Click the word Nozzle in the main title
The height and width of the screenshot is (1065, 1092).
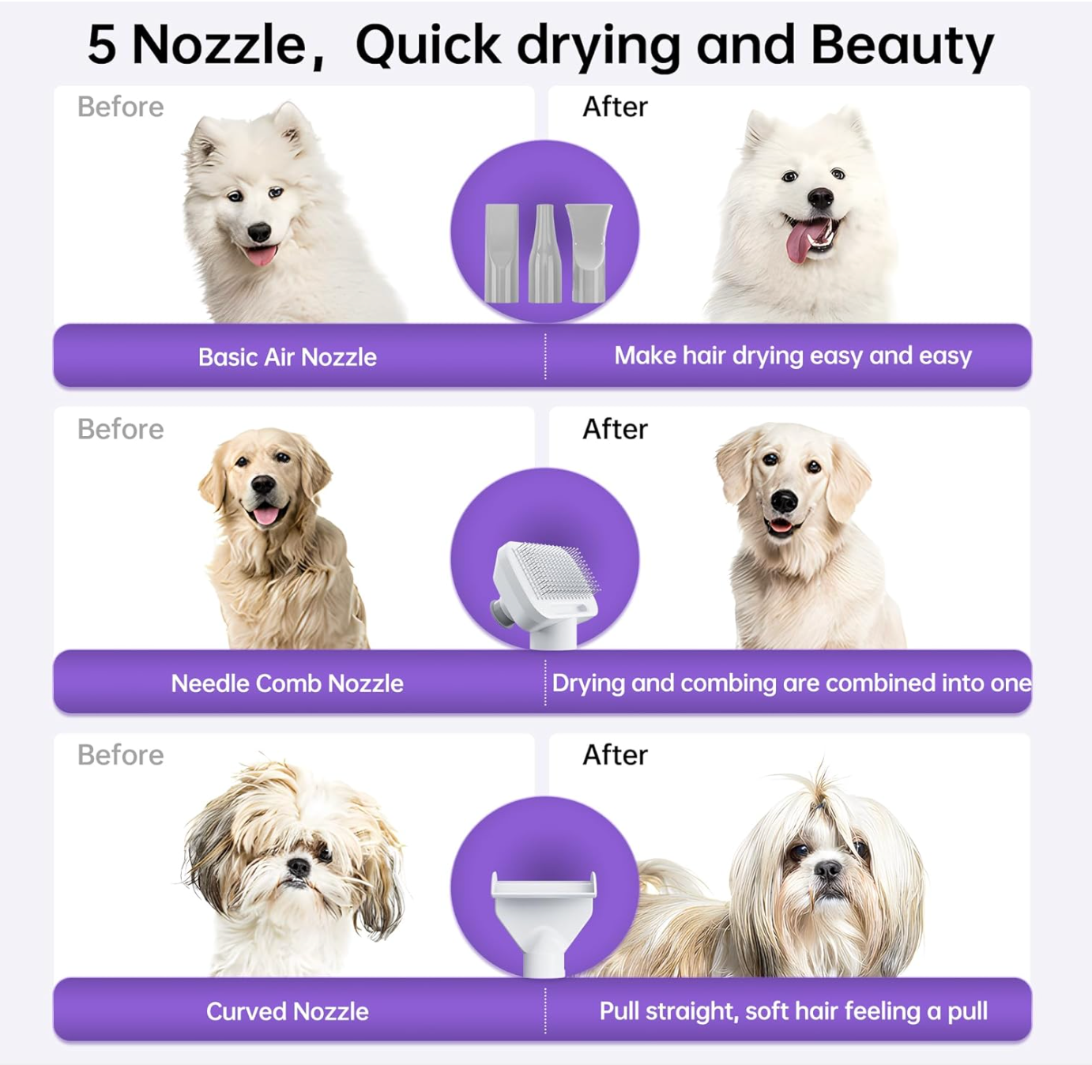218,45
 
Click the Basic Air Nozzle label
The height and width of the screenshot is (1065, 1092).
287,357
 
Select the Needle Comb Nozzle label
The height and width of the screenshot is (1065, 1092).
287,683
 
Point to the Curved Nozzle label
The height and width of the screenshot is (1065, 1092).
287,1011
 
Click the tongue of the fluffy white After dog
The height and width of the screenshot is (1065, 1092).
800,242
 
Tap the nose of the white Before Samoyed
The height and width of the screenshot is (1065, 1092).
259,232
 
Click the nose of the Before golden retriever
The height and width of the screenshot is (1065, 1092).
263,484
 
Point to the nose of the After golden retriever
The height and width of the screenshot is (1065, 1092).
784,500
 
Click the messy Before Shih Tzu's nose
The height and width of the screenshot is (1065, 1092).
299,867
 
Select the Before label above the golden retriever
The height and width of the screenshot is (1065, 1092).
120,429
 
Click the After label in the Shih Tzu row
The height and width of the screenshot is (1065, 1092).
615,755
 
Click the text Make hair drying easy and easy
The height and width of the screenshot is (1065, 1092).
793,356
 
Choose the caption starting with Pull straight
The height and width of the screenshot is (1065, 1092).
793,1011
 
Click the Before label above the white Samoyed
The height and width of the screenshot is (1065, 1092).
120,107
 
